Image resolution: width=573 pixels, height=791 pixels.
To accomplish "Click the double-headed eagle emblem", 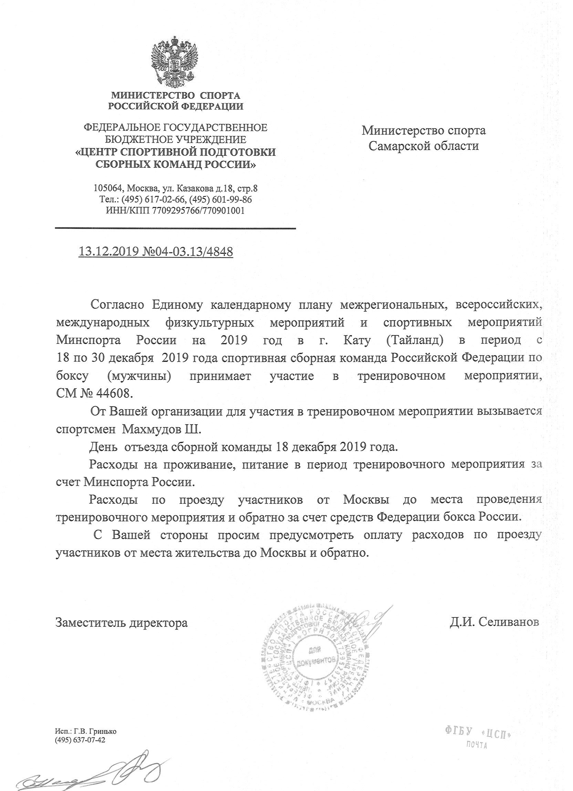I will (x=174, y=61).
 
